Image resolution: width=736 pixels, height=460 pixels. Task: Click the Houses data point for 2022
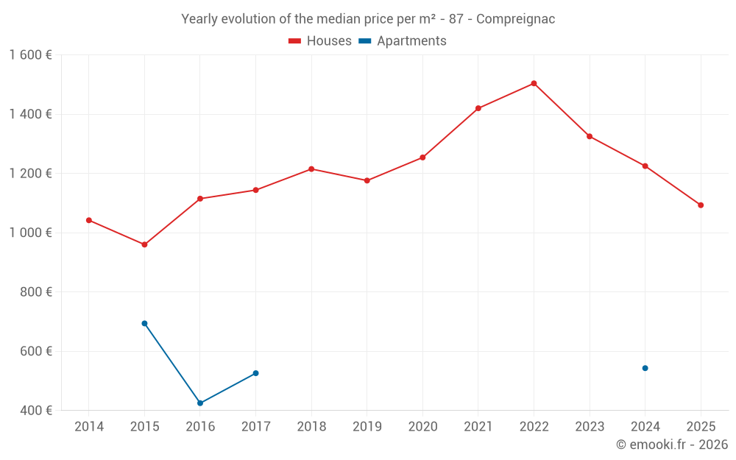click(x=534, y=83)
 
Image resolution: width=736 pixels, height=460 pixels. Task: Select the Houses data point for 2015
click(x=144, y=244)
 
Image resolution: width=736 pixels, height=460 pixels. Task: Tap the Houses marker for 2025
click(x=701, y=205)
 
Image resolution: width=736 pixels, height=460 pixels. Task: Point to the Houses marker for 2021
click(x=478, y=108)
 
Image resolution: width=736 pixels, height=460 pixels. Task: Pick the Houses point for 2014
click(x=89, y=220)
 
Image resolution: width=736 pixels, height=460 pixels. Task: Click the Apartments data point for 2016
click(x=200, y=403)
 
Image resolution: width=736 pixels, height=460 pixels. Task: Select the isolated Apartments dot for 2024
click(x=645, y=368)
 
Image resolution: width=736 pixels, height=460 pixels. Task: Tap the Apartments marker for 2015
click(x=144, y=323)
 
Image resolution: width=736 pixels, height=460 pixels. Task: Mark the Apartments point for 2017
click(x=255, y=373)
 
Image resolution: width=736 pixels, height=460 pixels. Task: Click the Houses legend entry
click(x=320, y=41)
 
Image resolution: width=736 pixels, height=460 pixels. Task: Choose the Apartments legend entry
click(x=403, y=41)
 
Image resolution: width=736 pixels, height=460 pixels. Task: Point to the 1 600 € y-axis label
click(x=31, y=55)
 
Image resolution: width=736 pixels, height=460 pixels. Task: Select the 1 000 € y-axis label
click(x=31, y=233)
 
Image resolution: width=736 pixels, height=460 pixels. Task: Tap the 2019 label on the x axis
click(x=367, y=427)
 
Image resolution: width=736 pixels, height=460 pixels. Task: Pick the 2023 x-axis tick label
click(x=589, y=427)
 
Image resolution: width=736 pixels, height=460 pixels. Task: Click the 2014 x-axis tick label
click(x=89, y=427)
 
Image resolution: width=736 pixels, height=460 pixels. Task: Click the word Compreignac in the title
click(x=515, y=19)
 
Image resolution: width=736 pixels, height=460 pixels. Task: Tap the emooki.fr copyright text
click(x=672, y=445)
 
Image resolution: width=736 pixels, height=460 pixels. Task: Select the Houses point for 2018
click(x=311, y=169)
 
